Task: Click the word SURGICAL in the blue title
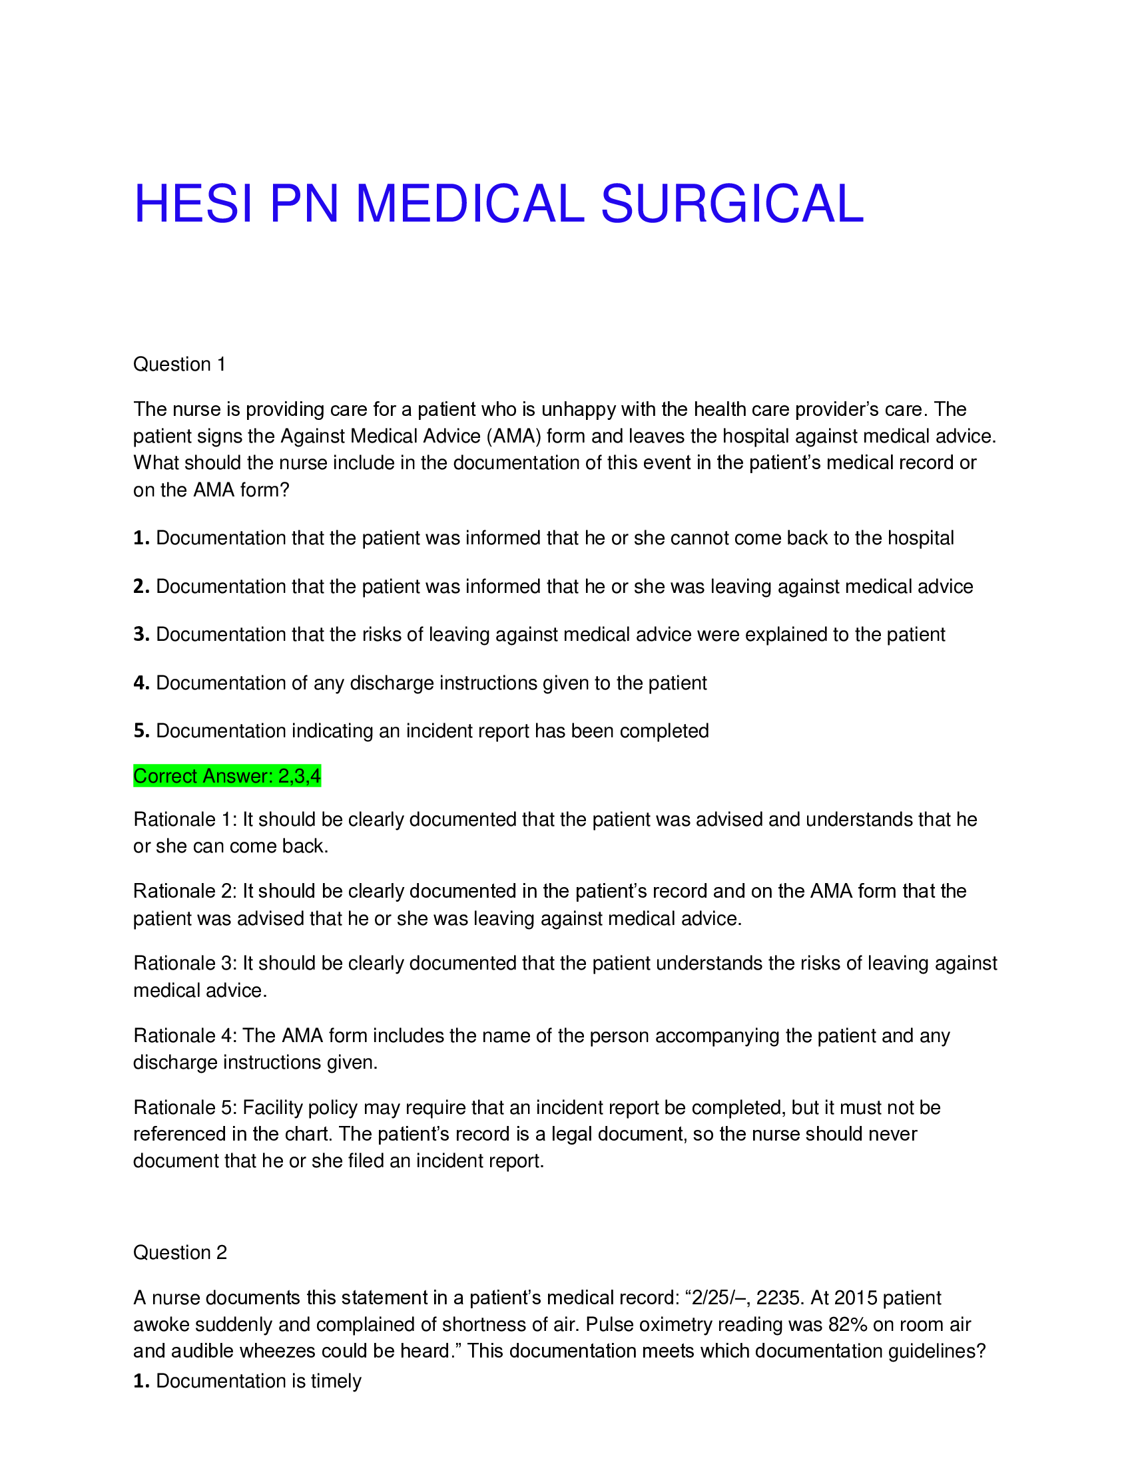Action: [x=732, y=204]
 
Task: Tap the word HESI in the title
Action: [x=194, y=204]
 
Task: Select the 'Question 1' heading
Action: [x=179, y=364]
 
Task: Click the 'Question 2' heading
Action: [x=180, y=1252]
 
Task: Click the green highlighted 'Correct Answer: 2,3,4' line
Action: [x=226, y=776]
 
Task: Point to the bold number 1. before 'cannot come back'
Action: [x=141, y=538]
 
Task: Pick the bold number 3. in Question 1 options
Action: [x=141, y=634]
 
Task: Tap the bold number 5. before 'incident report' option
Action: [x=141, y=731]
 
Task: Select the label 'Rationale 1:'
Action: [x=185, y=819]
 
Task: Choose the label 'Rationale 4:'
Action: [x=185, y=1035]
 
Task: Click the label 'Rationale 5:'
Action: [x=185, y=1107]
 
